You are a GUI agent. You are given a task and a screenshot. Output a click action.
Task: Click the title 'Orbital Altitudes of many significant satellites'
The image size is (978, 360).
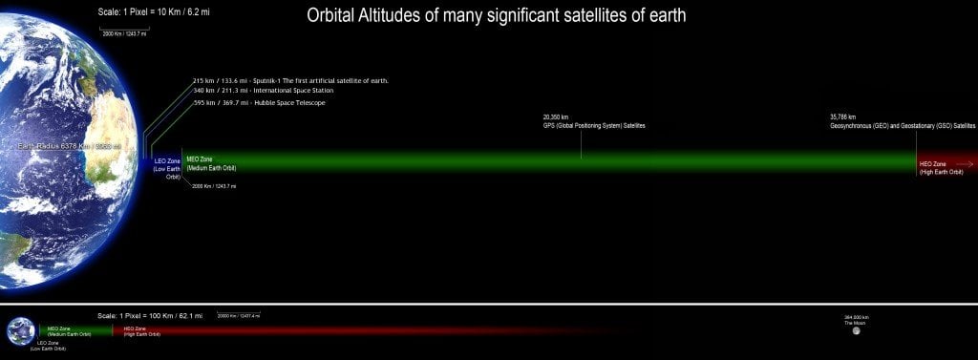496,16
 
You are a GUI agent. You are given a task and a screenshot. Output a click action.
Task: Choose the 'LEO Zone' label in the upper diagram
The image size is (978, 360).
167,169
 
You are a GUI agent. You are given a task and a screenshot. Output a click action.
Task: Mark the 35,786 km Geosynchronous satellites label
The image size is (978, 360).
903,121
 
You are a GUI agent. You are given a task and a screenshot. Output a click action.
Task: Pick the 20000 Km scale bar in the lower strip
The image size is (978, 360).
238,315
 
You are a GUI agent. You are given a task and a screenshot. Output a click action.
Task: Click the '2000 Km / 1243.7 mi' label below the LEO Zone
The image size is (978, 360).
214,186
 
